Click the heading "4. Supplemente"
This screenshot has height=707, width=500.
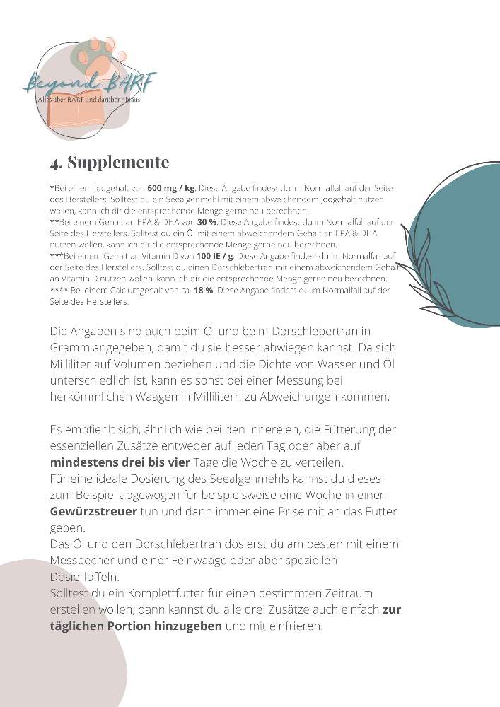pos(110,162)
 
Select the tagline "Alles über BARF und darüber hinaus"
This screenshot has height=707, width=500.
pos(89,100)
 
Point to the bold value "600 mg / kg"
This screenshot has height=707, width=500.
pos(171,189)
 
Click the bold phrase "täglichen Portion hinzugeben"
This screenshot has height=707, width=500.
pos(136,626)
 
